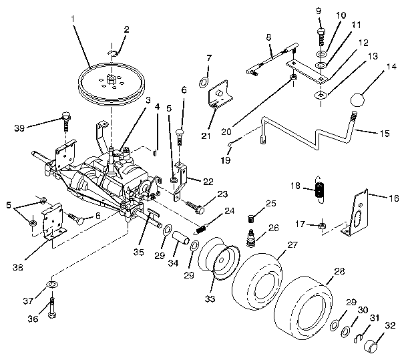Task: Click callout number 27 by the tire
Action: [292, 245]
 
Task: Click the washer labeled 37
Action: [51, 287]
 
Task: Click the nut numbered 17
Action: [321, 225]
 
